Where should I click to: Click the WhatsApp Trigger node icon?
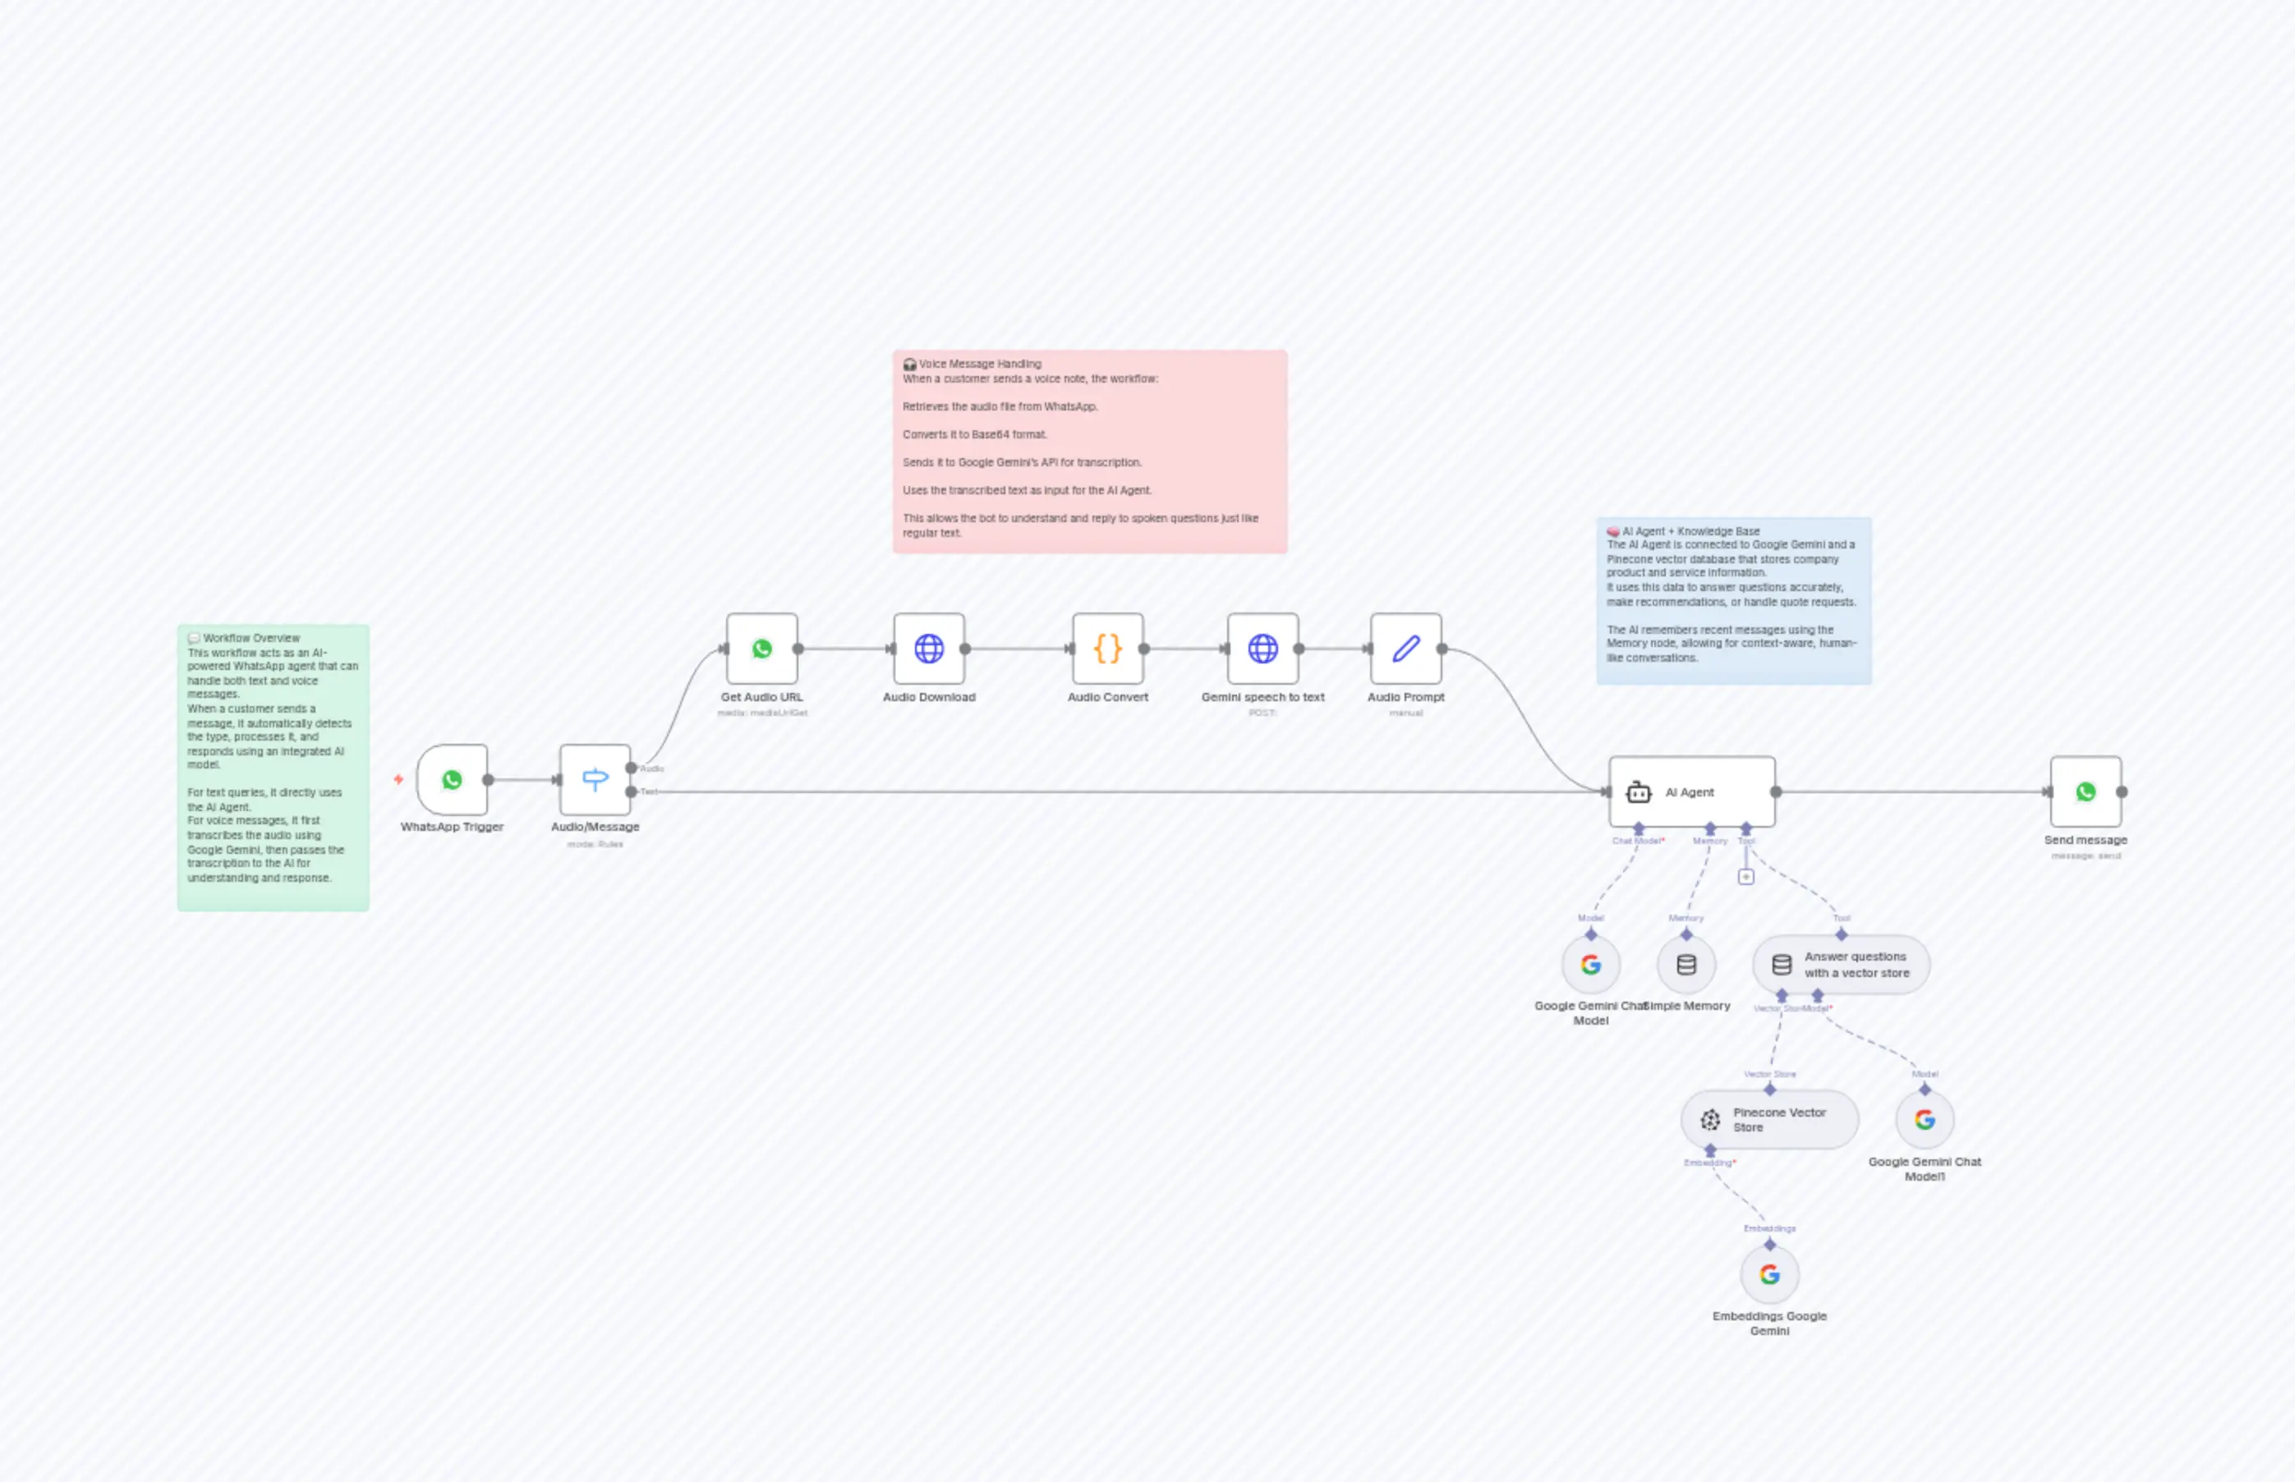pyautogui.click(x=452, y=779)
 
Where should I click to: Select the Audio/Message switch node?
pyautogui.click(x=595, y=779)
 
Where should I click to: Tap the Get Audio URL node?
pyautogui.click(x=761, y=649)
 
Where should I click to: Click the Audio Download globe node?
pyautogui.click(x=929, y=649)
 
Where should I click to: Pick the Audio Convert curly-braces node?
pyautogui.click(x=1108, y=649)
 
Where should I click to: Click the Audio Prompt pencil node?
pyautogui.click(x=1405, y=649)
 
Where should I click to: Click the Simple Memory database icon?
pyautogui.click(x=1686, y=964)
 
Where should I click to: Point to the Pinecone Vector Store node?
pyautogui.click(x=1769, y=1119)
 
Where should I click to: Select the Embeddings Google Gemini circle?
pyautogui.click(x=1769, y=1274)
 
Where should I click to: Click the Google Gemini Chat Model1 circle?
pyautogui.click(x=1925, y=1119)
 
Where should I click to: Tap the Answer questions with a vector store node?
pyautogui.click(x=1841, y=964)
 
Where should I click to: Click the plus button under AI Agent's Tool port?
pyautogui.click(x=1746, y=877)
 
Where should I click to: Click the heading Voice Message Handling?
pyautogui.click(x=979, y=364)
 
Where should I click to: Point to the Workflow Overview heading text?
pyautogui.click(x=251, y=638)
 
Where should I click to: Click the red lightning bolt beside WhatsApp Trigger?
pyautogui.click(x=398, y=779)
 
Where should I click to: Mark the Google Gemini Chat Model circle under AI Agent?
pyautogui.click(x=1590, y=964)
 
